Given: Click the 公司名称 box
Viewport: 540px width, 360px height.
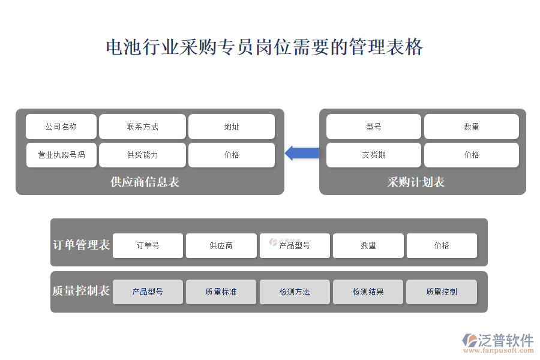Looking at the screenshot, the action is (61, 127).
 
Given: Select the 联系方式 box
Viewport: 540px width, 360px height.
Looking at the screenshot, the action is (142, 127).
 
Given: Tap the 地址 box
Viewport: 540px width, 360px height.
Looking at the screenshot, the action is (232, 127).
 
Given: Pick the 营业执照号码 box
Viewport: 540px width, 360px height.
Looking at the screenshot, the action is (61, 155).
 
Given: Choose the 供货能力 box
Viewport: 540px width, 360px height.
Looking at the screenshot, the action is (142, 155).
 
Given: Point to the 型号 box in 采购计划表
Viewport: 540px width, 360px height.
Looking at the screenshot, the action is (374, 127).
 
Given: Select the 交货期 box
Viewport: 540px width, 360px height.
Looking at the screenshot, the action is (374, 155).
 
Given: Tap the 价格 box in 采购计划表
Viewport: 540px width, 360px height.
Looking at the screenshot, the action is (472, 155).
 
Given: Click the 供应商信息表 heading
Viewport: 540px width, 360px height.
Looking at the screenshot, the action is (145, 182).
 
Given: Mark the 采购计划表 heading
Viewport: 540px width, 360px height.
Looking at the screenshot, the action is (416, 182).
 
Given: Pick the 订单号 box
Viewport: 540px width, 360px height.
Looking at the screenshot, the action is (148, 245).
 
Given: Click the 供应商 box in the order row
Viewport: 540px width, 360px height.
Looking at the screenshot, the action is (221, 245).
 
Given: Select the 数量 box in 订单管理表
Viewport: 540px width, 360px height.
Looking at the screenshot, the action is (368, 245).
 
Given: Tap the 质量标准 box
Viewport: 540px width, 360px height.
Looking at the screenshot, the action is (221, 292).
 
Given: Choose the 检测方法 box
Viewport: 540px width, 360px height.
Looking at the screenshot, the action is (295, 292).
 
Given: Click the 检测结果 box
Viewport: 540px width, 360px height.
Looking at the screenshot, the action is (368, 292).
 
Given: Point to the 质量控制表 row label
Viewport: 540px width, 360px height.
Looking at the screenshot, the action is (81, 291).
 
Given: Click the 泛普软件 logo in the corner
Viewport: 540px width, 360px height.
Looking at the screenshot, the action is (498, 343).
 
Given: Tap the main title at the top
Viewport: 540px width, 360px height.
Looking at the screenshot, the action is (264, 47).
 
